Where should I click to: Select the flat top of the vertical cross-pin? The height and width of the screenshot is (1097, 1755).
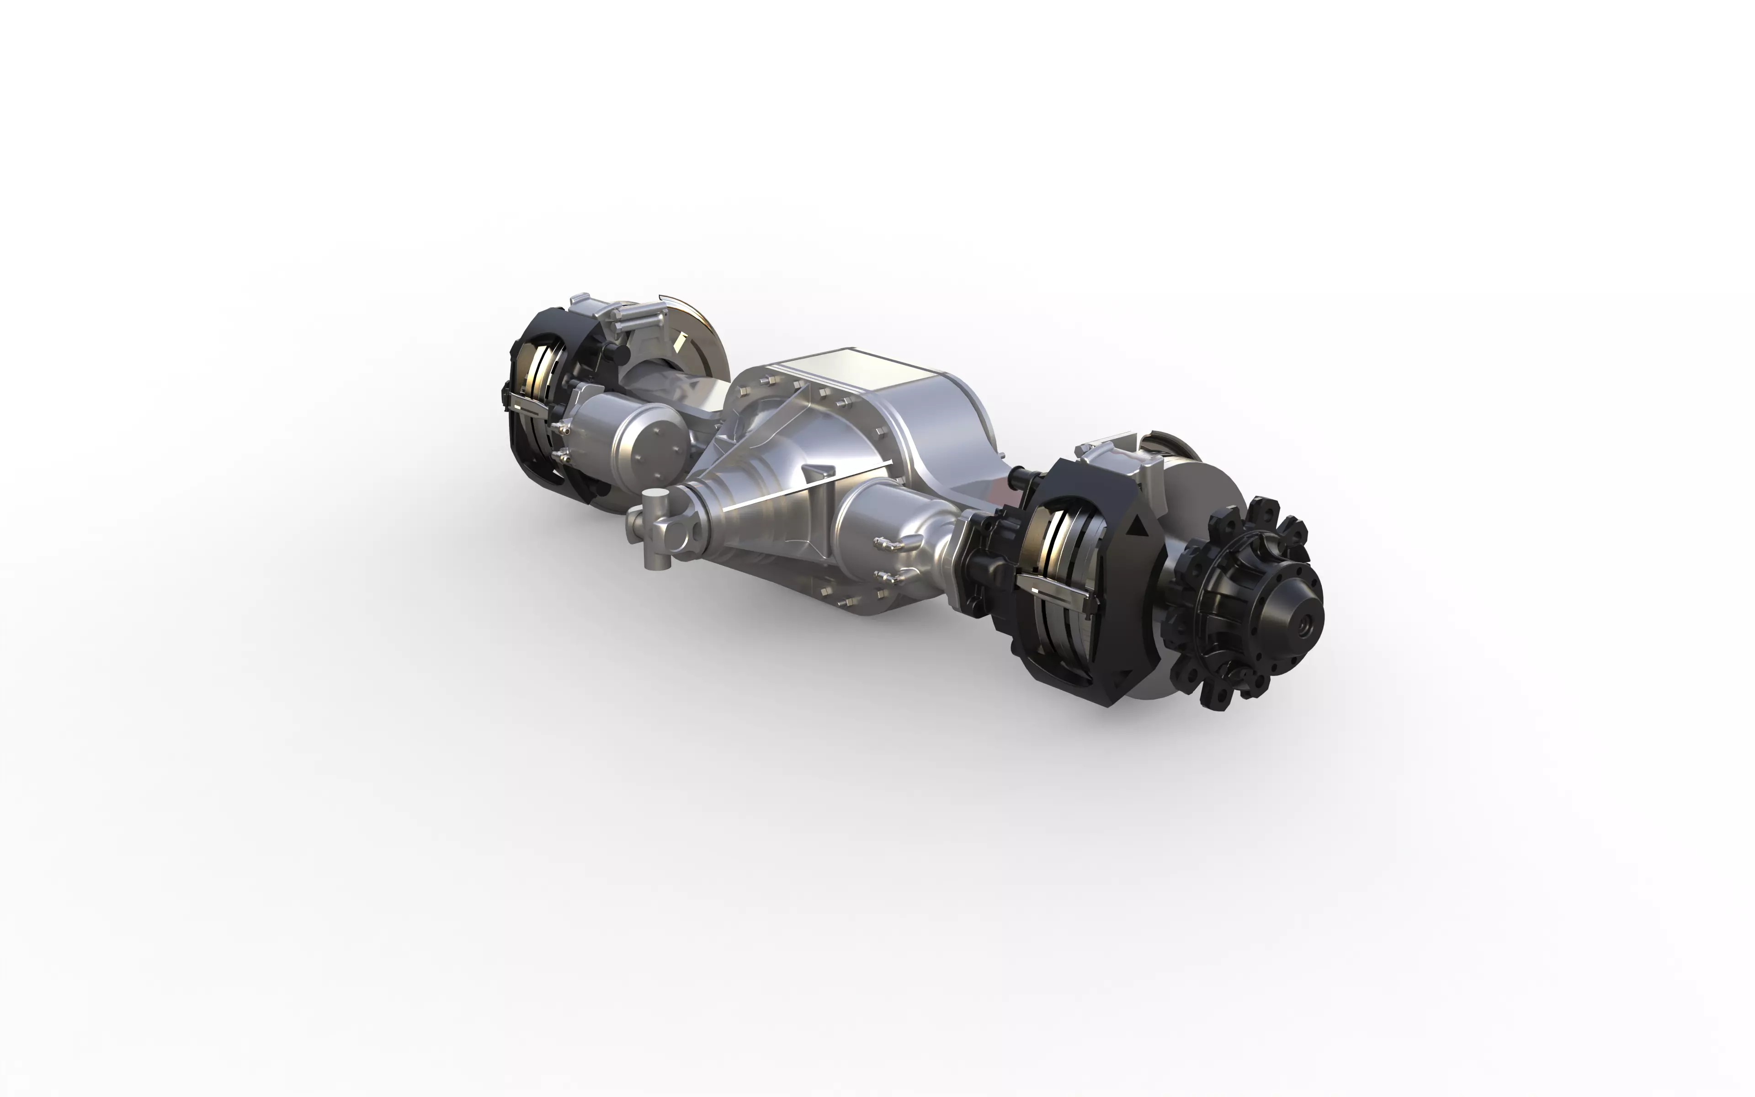pyautogui.click(x=657, y=495)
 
